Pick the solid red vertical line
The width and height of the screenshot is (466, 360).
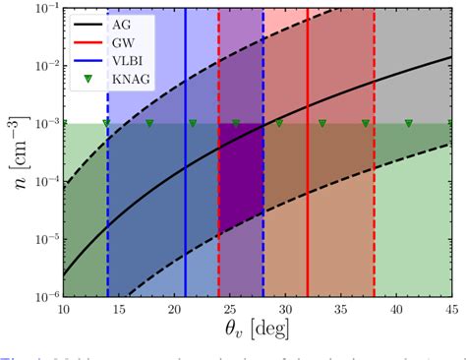click(x=308, y=197)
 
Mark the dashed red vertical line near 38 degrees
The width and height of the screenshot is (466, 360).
click(x=374, y=197)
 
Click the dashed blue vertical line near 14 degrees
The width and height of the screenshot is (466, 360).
click(x=108, y=197)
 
